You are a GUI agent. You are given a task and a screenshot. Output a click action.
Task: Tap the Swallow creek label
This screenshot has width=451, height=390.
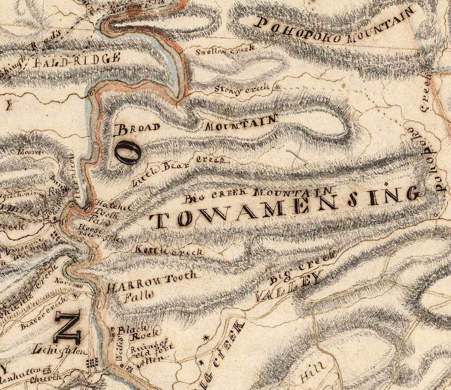click(x=225, y=50)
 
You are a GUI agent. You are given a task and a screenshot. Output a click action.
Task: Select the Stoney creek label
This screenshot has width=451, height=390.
click(x=242, y=89)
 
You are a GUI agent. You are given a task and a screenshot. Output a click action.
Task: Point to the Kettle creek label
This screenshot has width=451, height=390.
click(x=169, y=251)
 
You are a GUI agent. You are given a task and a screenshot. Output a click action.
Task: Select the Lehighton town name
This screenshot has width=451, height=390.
click(x=59, y=350)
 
